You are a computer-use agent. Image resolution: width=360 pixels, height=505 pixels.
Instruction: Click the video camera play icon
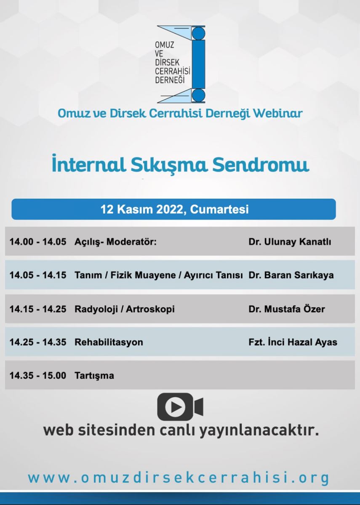(x=180, y=407)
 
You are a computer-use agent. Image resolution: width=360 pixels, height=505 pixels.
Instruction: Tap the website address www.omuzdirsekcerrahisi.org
(x=179, y=478)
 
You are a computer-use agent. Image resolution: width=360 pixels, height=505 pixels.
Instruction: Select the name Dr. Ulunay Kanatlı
(x=290, y=242)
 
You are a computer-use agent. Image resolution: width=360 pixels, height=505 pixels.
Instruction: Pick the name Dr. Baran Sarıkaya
(x=291, y=275)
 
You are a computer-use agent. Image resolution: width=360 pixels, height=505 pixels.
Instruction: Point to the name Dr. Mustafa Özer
(x=287, y=308)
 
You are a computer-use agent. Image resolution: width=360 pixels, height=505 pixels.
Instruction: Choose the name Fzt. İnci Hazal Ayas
(x=293, y=342)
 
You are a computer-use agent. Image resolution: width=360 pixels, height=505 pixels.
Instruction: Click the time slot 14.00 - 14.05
(x=38, y=242)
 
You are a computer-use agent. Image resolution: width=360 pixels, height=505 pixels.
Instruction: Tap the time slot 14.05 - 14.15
(x=38, y=275)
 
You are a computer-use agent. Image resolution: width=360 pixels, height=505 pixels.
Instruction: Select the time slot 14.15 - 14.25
(x=38, y=309)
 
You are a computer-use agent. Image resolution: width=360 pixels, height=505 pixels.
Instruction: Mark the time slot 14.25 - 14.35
(x=38, y=342)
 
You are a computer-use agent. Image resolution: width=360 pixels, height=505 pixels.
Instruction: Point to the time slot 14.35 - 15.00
(x=38, y=375)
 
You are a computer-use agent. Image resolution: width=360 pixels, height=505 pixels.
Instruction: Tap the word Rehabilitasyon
(x=109, y=342)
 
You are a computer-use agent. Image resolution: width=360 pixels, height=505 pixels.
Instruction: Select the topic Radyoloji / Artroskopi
(x=125, y=309)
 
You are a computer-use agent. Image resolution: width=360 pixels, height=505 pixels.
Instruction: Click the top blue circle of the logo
(x=199, y=33)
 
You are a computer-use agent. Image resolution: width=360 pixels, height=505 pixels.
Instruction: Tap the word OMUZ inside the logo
(x=165, y=45)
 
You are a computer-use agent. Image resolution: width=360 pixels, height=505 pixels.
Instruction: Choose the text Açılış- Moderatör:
(x=115, y=242)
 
